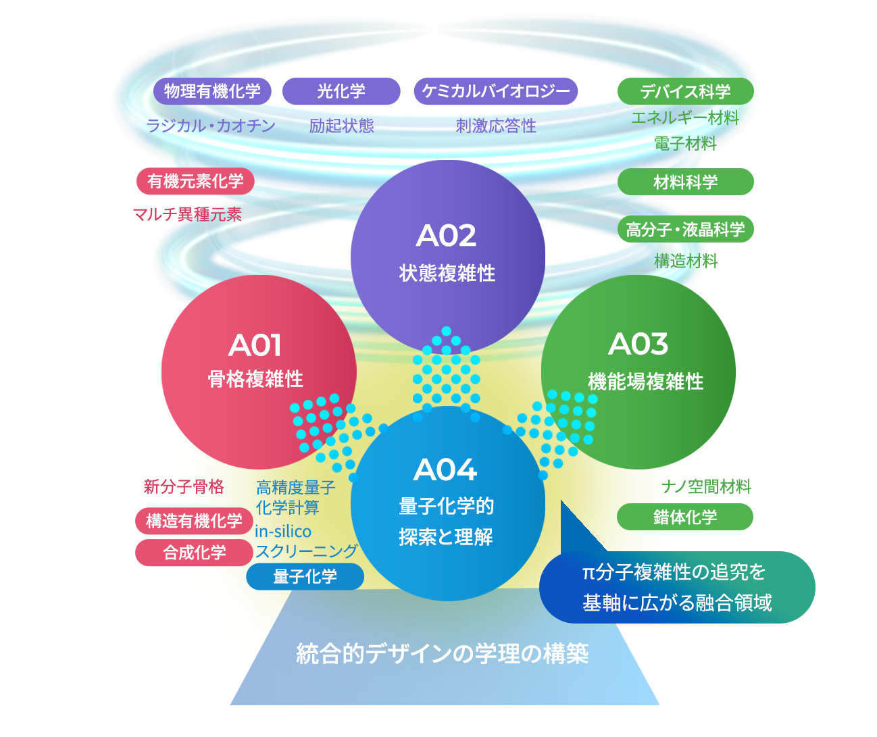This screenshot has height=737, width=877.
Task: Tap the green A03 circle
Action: point(638,372)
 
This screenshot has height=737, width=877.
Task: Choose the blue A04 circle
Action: point(447,503)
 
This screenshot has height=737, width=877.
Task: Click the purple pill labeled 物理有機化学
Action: point(212,91)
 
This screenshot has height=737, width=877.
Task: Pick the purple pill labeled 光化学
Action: point(341,91)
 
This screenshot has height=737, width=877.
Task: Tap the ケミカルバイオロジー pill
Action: point(496,91)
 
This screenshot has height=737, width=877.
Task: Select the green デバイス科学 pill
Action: point(685,91)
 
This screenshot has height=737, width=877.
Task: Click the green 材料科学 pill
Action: point(685,182)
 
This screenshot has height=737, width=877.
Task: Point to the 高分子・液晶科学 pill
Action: point(685,230)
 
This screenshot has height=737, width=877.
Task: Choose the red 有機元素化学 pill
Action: point(195,181)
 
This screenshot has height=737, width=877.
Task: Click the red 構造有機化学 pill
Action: point(194,521)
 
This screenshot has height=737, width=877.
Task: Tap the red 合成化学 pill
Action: point(194,553)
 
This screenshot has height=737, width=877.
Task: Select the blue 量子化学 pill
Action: point(305,577)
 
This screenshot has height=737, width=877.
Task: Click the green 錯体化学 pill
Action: point(684,517)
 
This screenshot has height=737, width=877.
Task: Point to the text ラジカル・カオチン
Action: point(211,126)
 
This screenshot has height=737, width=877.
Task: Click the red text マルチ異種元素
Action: point(187,215)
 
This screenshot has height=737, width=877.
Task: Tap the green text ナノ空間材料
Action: point(706,486)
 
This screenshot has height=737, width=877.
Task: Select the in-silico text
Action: point(283,532)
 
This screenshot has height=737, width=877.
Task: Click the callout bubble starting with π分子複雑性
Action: point(677,587)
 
